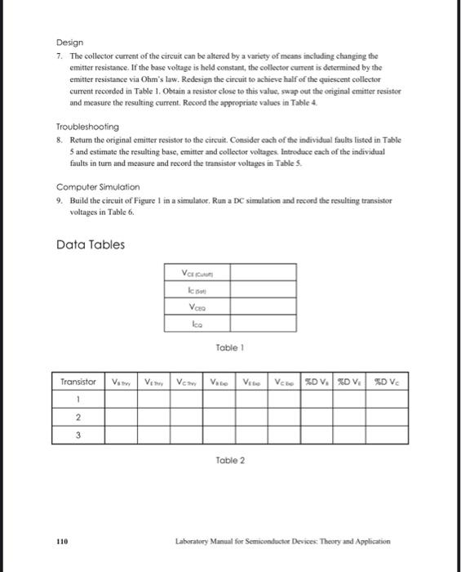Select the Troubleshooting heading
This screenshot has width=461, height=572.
click(x=87, y=127)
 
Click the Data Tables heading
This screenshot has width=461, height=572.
click(x=91, y=244)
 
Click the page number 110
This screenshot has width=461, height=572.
click(x=62, y=541)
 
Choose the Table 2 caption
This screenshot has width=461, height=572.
click(x=229, y=460)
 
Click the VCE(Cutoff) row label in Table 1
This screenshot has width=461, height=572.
click(x=199, y=274)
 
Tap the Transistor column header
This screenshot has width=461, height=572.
click(x=78, y=382)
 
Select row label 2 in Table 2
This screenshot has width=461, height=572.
click(x=78, y=418)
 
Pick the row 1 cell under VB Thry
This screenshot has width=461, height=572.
click(x=120, y=400)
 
